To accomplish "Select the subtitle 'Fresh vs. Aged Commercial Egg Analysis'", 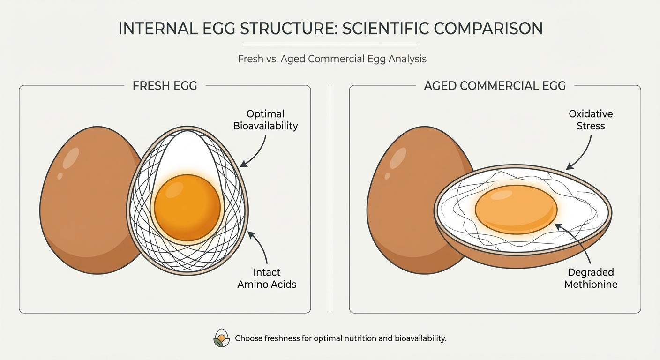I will pos(332,60).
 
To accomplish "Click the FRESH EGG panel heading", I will pos(165,86).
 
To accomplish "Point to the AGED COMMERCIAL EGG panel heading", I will pos(495,86).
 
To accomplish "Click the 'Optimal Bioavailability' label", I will pos(265,120).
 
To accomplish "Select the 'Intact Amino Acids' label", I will pos(267,278).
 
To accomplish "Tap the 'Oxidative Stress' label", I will pos(590,120).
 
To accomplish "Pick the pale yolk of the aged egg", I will pos(516,209).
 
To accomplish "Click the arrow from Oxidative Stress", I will pos(581,152).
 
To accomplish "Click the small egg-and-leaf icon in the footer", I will pos(221,338).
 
